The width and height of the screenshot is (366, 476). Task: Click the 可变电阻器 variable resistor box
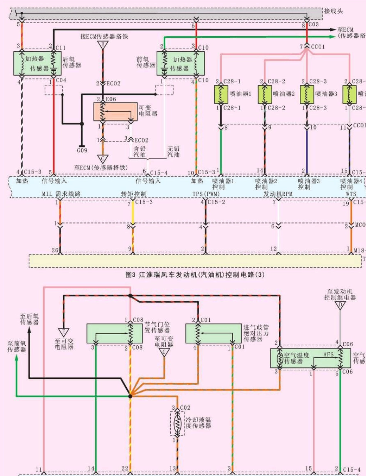pyautogui.click(x=115, y=112)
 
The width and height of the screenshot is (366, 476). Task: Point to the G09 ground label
pyautogui.click(x=82, y=151)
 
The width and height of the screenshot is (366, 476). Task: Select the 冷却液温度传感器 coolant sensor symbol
pyautogui.click(x=177, y=424)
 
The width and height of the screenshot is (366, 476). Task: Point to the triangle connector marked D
pyautogui.click(x=340, y=306)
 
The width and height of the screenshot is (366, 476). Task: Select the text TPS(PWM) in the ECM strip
pyautogui.click(x=206, y=193)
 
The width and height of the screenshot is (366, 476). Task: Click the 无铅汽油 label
pyautogui.click(x=173, y=150)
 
